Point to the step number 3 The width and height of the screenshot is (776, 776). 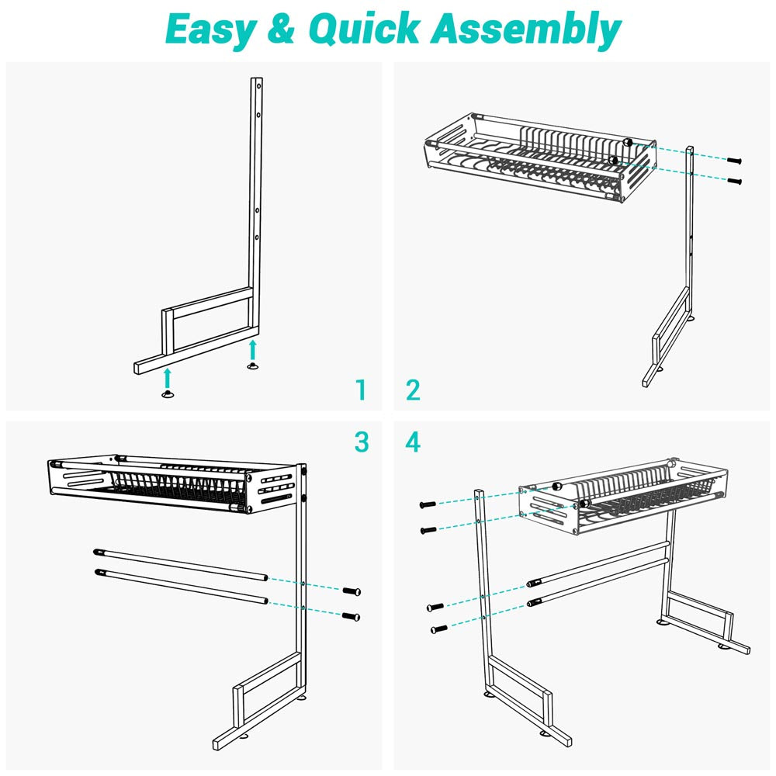(x=360, y=442)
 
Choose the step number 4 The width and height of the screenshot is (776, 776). (x=413, y=442)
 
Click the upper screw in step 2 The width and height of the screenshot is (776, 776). (x=735, y=160)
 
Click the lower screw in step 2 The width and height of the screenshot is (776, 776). (x=735, y=181)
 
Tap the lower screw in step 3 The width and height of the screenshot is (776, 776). (x=353, y=616)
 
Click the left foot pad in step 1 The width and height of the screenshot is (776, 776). (x=167, y=396)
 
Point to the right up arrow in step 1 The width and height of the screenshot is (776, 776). (x=252, y=348)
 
